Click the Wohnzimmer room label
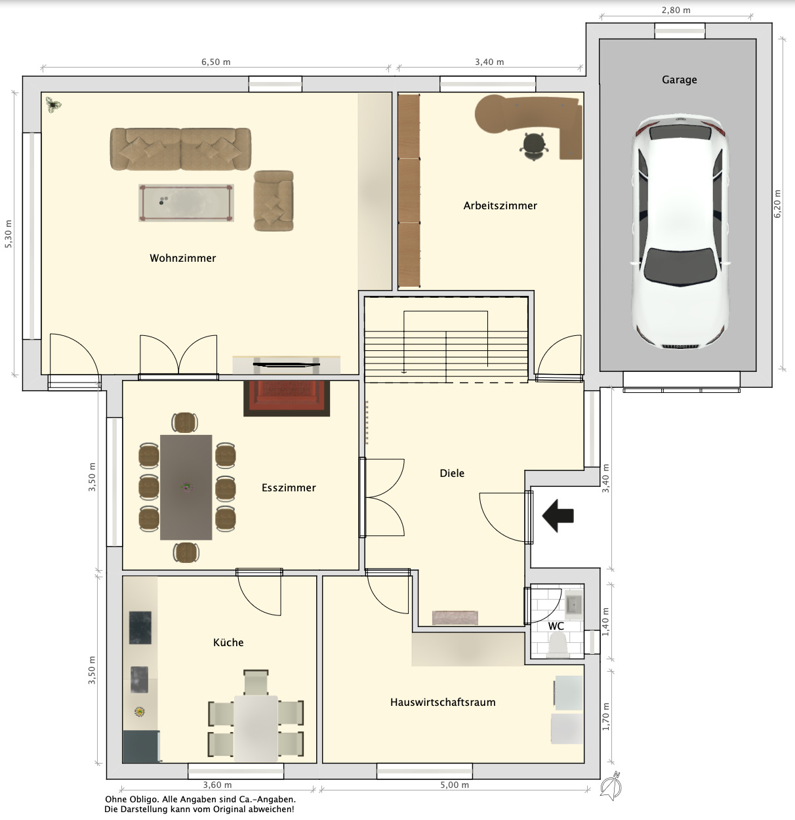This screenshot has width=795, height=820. (182, 258)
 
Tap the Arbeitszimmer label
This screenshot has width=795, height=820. (500, 205)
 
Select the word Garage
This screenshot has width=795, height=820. (679, 79)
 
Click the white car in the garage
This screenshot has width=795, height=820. (680, 232)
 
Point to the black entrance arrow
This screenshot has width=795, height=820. (558, 516)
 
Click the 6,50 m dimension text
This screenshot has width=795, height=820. (216, 62)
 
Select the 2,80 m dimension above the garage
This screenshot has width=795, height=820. (676, 10)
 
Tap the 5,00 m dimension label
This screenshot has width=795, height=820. (455, 785)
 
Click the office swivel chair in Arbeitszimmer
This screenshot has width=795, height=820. (534, 146)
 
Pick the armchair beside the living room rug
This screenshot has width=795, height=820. (274, 201)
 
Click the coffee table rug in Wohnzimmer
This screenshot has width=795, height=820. (186, 203)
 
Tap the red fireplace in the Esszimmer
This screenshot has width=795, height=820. (287, 398)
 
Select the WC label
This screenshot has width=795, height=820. (556, 626)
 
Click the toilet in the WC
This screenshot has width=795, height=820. (559, 646)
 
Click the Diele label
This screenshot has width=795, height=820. (452, 473)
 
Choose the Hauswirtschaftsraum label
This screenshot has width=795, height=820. (443, 702)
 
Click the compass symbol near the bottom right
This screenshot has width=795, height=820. (611, 785)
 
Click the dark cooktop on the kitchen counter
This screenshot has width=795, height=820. (140, 628)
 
